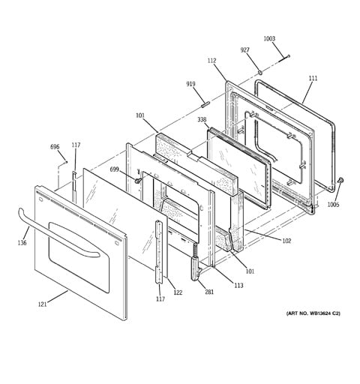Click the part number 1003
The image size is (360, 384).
[269, 39]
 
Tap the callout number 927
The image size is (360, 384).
[244, 50]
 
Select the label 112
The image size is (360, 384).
[211, 61]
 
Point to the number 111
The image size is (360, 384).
[313, 78]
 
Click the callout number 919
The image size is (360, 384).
[190, 84]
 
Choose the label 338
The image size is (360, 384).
[202, 120]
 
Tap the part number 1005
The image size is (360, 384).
[334, 205]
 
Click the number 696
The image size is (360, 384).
[55, 147]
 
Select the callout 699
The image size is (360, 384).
[114, 169]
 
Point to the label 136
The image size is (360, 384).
[22, 242]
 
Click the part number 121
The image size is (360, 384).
[42, 304]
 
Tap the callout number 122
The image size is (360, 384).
[178, 292]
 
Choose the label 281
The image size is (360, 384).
[209, 292]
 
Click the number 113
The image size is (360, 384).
[238, 285]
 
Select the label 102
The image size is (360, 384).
[286, 241]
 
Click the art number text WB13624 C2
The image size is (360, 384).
[325, 313]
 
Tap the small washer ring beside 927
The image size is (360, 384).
[260, 73]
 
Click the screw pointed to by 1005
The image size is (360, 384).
[340, 180]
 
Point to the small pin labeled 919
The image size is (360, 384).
[204, 103]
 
